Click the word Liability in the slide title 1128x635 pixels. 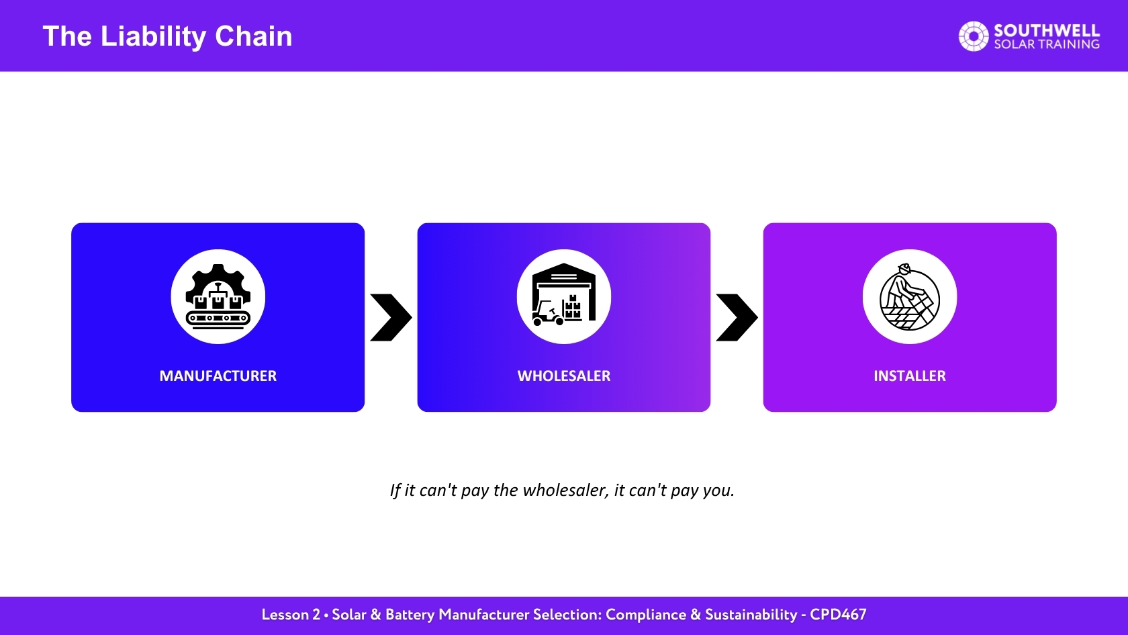tap(153, 37)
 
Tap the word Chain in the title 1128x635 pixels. tap(253, 36)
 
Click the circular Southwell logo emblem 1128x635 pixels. tap(974, 36)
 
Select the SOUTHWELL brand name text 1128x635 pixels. tap(1046, 30)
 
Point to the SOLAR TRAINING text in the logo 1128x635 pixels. tap(1046, 44)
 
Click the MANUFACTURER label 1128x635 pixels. tap(218, 376)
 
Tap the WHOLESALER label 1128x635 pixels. tap(564, 376)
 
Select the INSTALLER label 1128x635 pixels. tap(909, 376)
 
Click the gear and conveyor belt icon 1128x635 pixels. tap(218, 296)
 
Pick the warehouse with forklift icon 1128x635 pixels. tap(564, 295)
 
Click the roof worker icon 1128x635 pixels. tap(909, 297)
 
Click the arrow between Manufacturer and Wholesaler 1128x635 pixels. tap(391, 317)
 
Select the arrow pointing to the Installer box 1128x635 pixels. tap(737, 317)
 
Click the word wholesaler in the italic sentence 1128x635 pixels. tap(565, 491)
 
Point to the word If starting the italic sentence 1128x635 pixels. tap(395, 491)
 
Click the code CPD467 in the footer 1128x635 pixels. tap(838, 615)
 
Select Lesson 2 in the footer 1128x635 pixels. tap(291, 615)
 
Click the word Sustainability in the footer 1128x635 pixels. tap(751, 616)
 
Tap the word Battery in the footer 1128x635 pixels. tap(410, 616)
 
